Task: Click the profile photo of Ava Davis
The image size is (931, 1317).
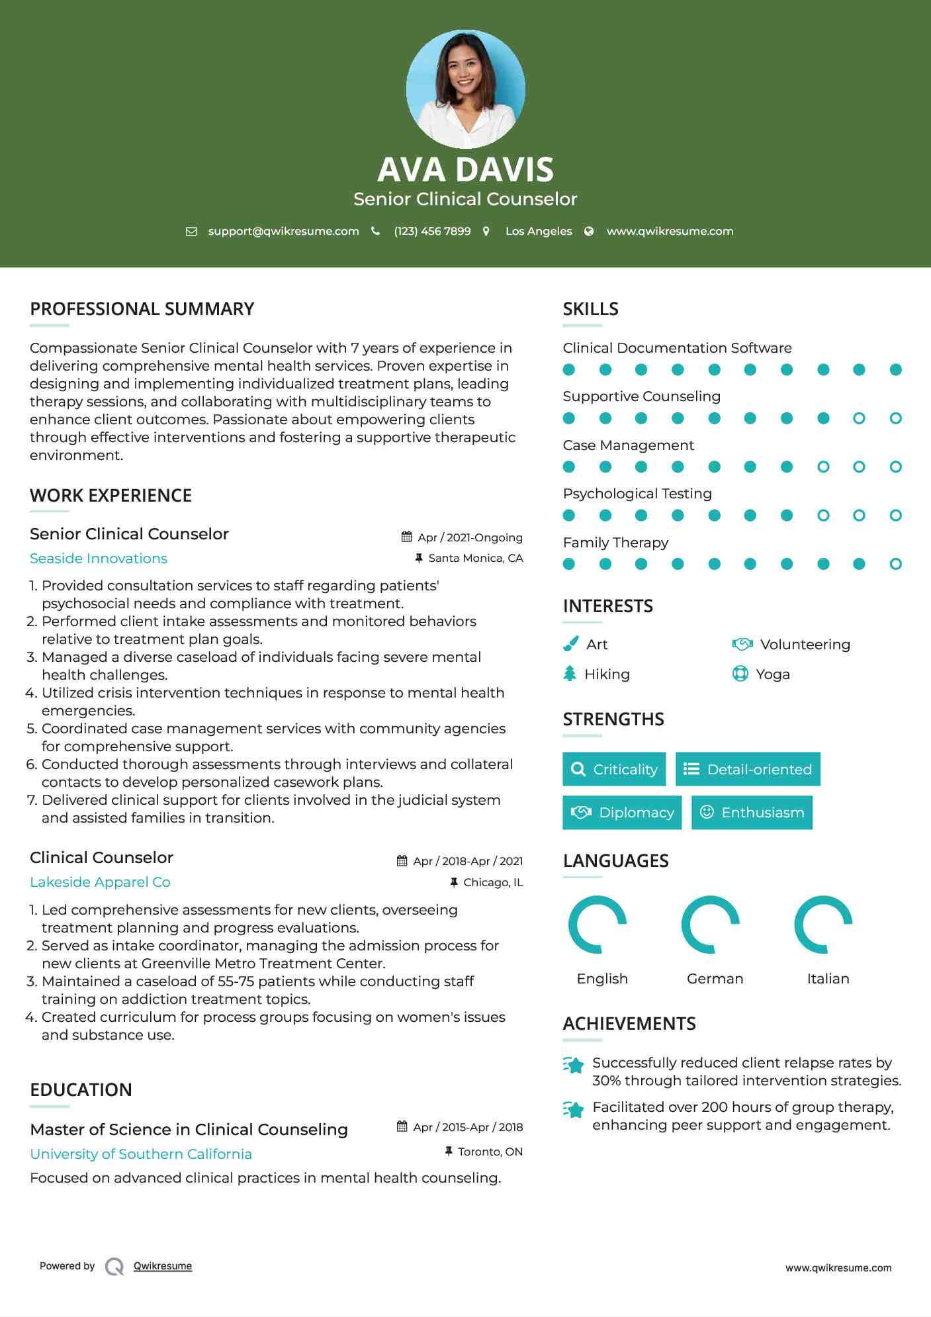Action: click(x=465, y=89)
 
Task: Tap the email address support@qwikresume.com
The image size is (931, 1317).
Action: click(x=283, y=231)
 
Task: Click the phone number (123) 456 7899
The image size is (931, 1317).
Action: click(x=432, y=231)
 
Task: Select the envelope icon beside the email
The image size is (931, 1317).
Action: click(x=191, y=231)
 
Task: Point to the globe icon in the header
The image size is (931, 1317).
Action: click(x=589, y=231)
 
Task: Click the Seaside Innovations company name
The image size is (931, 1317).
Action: click(x=99, y=558)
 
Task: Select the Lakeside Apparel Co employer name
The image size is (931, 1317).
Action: click(x=100, y=882)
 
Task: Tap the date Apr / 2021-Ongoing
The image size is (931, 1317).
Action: click(x=470, y=537)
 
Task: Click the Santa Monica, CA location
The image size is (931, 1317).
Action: click(x=475, y=558)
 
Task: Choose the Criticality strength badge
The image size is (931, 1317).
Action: click(x=614, y=769)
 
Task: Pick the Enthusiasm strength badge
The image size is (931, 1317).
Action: click(x=752, y=812)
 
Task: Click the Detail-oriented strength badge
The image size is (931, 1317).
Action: click(x=748, y=769)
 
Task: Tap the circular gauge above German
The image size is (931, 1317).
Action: click(x=711, y=925)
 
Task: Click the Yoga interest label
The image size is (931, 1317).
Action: click(x=772, y=674)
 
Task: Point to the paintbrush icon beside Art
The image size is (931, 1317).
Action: click(x=570, y=644)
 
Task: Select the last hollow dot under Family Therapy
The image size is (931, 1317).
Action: click(x=895, y=564)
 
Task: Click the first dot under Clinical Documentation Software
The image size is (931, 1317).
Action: click(x=569, y=369)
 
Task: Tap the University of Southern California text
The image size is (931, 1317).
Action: click(x=141, y=1154)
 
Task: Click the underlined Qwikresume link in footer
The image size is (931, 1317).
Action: click(x=163, y=1266)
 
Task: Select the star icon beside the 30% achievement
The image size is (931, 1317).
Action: click(x=574, y=1065)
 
